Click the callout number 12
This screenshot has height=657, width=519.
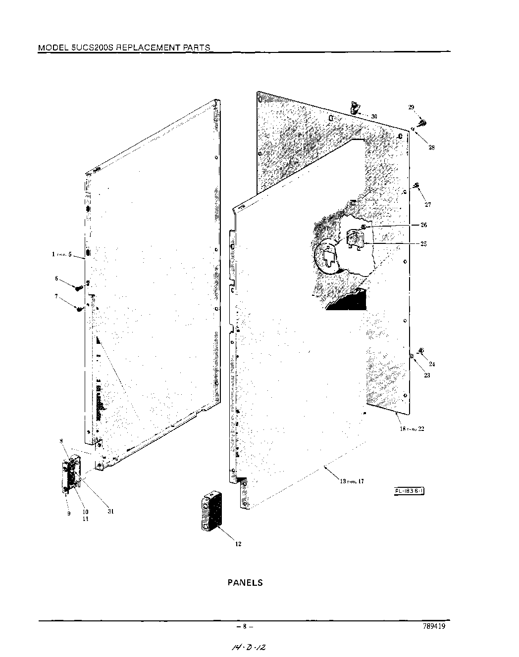point(238,544)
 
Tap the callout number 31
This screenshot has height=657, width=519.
point(110,512)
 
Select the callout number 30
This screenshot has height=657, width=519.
point(374,116)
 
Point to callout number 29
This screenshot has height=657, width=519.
point(411,107)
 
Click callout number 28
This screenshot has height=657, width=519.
point(431,147)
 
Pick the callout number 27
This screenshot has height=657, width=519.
point(427,204)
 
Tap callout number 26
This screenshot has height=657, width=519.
point(423,225)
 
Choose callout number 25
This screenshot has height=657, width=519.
point(423,243)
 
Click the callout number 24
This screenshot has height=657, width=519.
point(432,364)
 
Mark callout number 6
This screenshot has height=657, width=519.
point(56,279)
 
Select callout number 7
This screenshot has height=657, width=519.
point(56,296)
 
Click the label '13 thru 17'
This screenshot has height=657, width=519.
point(352,481)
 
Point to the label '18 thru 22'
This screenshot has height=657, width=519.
point(412,429)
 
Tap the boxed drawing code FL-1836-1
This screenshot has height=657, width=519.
point(410,491)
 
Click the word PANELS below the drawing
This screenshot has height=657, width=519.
point(245,582)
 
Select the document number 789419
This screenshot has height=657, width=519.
point(434,626)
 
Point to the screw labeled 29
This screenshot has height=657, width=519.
point(422,122)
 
